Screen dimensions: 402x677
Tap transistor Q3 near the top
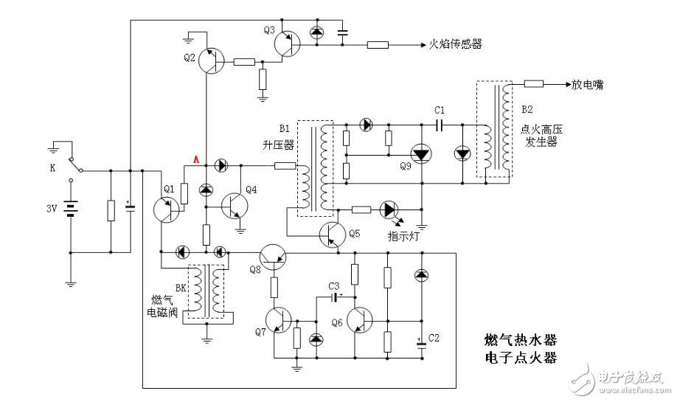[288, 45]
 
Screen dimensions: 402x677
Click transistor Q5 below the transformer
[333, 235]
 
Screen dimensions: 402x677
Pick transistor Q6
[361, 319]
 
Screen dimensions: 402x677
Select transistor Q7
[279, 319]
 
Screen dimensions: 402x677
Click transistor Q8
[275, 254]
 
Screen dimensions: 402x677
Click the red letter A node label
[195, 159]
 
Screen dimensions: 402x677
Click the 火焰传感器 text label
[455, 45]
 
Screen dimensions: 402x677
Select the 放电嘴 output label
[587, 85]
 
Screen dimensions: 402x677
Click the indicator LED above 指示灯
[389, 209]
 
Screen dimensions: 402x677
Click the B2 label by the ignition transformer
[527, 109]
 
